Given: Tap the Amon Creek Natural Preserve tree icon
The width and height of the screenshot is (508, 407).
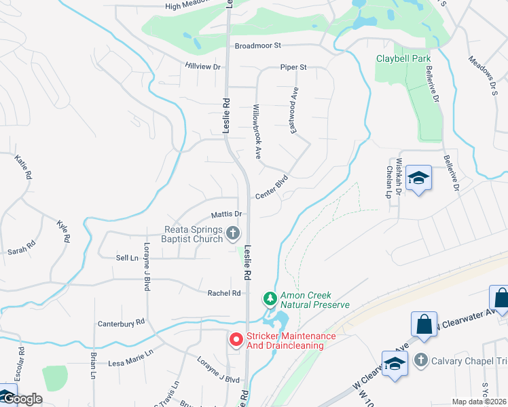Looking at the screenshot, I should (x=270, y=298).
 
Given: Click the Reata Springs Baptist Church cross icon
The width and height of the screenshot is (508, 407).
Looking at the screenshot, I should (x=233, y=234).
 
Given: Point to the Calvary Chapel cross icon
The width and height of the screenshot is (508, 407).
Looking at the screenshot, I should (x=420, y=359).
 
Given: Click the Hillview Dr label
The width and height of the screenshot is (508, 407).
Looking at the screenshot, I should (x=203, y=66).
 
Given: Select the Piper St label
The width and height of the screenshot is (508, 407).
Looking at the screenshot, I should (x=294, y=67).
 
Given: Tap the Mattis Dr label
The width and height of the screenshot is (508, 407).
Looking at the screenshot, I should (x=226, y=214).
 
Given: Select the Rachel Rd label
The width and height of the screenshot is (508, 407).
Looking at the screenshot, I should (x=224, y=293).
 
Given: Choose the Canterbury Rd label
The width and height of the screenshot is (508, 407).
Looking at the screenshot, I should (x=122, y=322).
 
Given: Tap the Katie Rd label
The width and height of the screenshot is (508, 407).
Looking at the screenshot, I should (x=23, y=167).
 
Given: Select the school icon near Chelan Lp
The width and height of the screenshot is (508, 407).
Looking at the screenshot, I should (x=418, y=178).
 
